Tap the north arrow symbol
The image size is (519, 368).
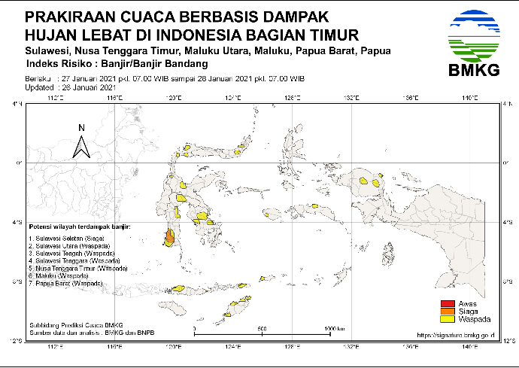tap(81, 143)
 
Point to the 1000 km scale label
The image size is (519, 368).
tap(334, 328)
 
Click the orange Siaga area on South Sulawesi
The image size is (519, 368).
tap(169, 239)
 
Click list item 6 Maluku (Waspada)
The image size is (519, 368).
tap(59, 275)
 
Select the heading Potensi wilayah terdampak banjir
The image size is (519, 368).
tap(79, 225)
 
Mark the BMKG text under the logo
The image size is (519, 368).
tap(472, 71)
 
